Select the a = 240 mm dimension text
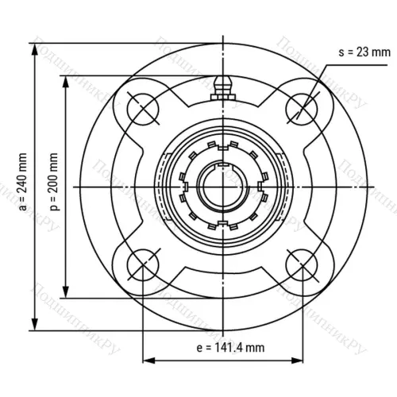23,185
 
